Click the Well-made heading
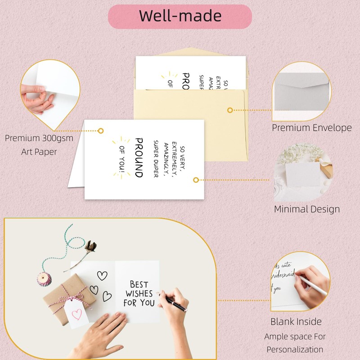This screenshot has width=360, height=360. coord(180,16)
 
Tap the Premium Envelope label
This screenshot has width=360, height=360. coord(312,128)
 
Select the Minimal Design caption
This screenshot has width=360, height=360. coord(307,209)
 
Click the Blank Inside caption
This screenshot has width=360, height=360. coord(296,321)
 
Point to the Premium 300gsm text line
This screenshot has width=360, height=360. coord(39,138)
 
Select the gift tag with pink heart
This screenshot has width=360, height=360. coord(77,314)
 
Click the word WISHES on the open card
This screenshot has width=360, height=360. coord(139,293)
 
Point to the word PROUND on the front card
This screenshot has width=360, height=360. coord(139,157)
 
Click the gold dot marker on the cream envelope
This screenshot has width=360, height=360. coord(230,110)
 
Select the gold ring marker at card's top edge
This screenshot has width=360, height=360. coord(101,130)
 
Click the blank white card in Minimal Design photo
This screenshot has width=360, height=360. coord(301,175)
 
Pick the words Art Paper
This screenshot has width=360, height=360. coord(39,152)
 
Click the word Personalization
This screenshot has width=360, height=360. coord(295,349)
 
